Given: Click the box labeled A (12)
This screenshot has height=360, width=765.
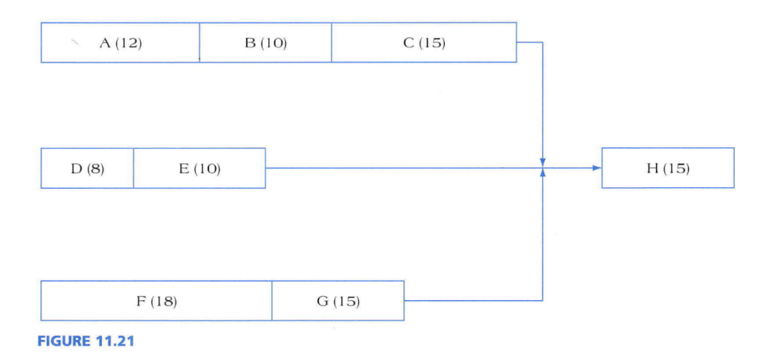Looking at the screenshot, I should click(120, 43).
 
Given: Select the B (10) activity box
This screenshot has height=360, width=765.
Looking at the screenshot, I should click(265, 43).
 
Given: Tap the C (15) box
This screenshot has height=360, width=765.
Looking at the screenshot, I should click(424, 43).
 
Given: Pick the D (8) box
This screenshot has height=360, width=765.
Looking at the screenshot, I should click(87, 168).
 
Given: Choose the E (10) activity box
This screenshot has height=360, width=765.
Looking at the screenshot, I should click(200, 168).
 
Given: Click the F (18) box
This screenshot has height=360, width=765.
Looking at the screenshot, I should click(156, 301).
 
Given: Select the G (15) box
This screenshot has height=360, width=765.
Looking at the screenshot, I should click(338, 301).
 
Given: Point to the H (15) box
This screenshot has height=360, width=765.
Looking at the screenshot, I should click(668, 168).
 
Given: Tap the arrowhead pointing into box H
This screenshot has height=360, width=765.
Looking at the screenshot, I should click(597, 168).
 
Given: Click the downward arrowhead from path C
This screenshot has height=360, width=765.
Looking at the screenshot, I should click(542, 162).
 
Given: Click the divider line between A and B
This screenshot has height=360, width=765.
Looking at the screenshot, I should click(200, 43).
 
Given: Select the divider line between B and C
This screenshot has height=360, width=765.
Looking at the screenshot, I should click(332, 43).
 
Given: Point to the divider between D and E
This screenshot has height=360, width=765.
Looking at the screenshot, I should click(134, 168).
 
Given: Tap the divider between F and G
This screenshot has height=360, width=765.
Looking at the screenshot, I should click(272, 301).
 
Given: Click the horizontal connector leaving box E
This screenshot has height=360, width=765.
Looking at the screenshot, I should click(403, 168).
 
